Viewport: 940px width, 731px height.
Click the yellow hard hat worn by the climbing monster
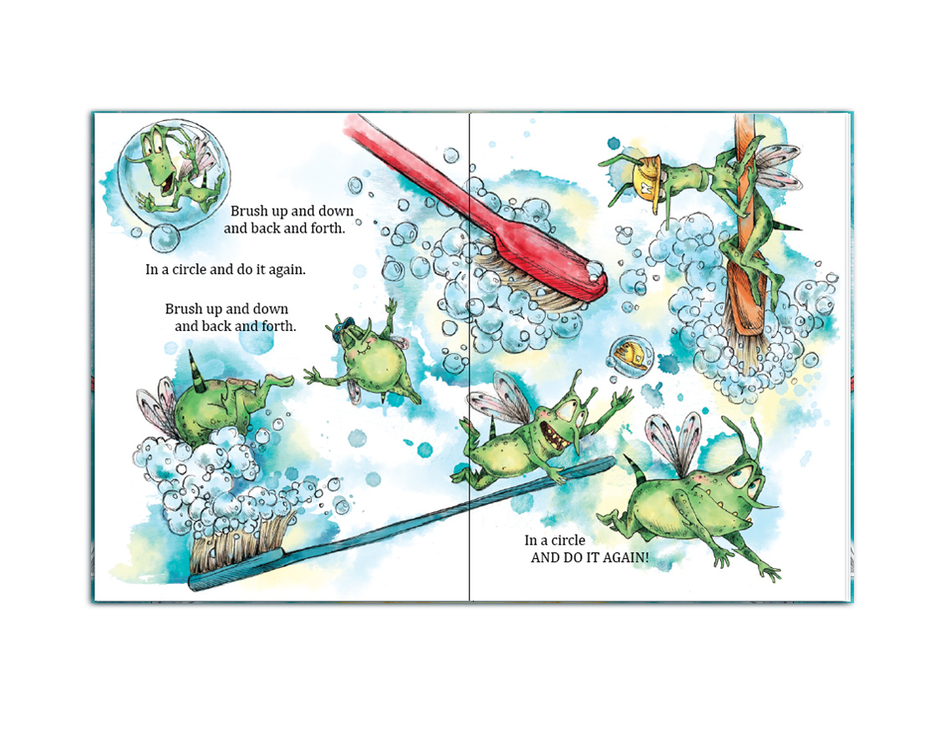click(648, 177)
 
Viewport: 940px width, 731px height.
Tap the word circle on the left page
click(189, 270)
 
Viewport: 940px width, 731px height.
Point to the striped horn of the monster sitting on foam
click(194, 370)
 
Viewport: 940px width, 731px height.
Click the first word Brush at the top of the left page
click(249, 211)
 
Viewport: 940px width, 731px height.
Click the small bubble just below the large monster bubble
click(165, 238)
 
